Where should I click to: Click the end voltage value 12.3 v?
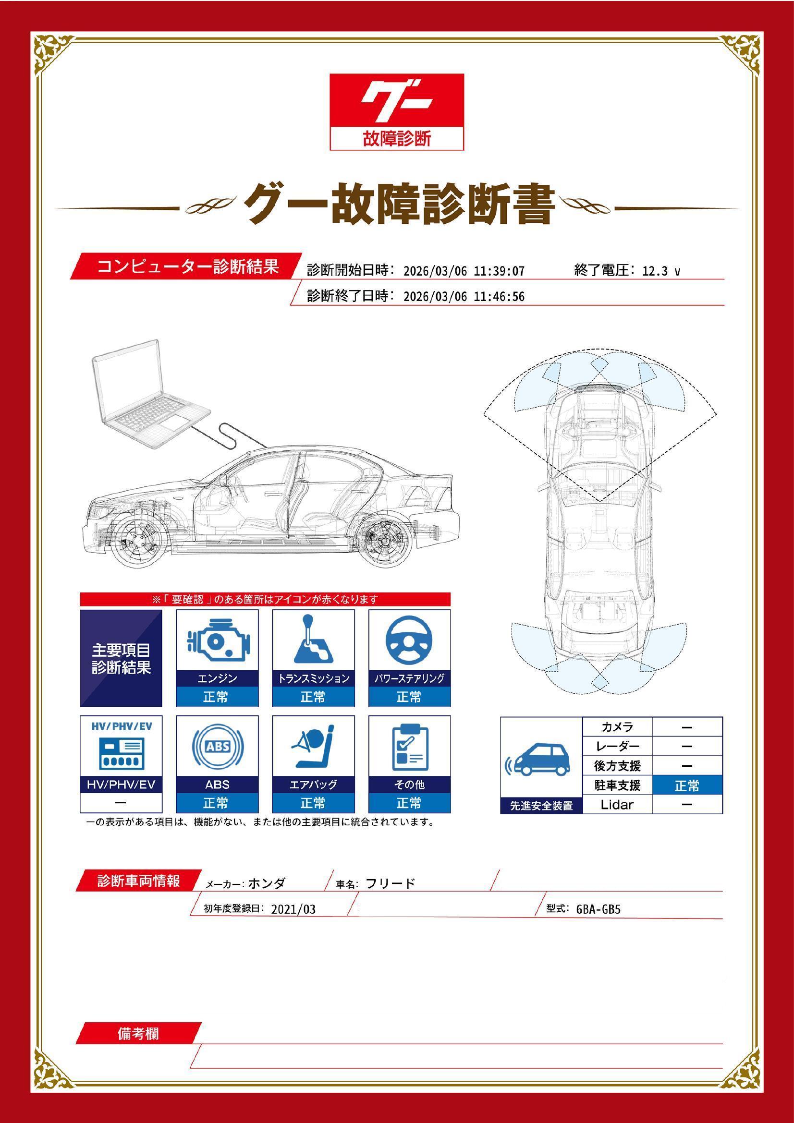[x=660, y=271]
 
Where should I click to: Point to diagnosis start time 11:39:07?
[x=499, y=271]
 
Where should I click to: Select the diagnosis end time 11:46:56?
[x=499, y=297]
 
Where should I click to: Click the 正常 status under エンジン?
[x=217, y=697]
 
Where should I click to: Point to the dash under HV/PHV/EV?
[x=121, y=803]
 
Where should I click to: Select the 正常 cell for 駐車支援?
[x=687, y=786]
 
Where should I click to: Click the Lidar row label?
[x=617, y=805]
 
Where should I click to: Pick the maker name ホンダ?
[x=267, y=883]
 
